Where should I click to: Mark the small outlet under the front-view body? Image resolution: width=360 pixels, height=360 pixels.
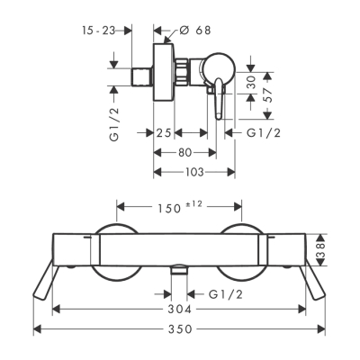179,270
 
